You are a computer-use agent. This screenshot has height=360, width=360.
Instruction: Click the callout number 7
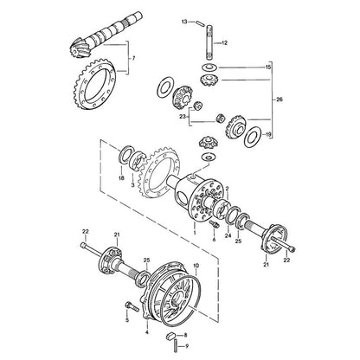pyautogui.click(x=133, y=58)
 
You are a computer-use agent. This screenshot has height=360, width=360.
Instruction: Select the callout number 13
pyautogui.click(x=184, y=22)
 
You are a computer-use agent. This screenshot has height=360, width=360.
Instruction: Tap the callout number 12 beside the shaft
pyautogui.click(x=224, y=43)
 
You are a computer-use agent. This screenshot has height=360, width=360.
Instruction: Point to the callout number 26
pyautogui.click(x=280, y=100)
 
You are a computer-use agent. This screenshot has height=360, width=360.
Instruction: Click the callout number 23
pyautogui.click(x=183, y=117)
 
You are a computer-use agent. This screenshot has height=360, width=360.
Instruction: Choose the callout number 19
pyautogui.click(x=268, y=134)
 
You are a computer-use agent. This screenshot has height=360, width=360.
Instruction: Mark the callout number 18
pyautogui.click(x=121, y=178)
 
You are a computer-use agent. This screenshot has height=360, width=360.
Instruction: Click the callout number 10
pyautogui.click(x=196, y=265)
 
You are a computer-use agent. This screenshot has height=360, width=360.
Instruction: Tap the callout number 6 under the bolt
pyautogui.click(x=214, y=240)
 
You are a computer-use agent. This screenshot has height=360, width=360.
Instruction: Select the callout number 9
pyautogui.click(x=187, y=346)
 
